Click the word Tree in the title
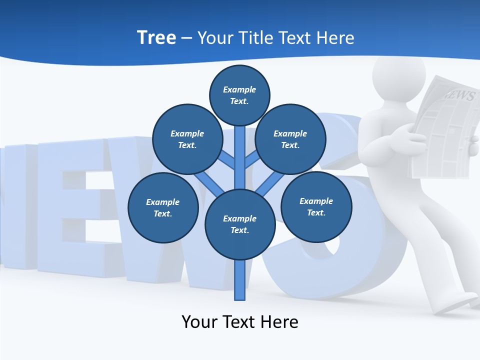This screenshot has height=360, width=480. click(x=156, y=37)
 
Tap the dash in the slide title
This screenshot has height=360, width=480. click(x=186, y=38)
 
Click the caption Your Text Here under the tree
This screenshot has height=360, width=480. click(x=240, y=321)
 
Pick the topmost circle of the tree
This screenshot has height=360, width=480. click(x=239, y=95)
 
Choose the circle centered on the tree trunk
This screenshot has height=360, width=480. click(x=240, y=224)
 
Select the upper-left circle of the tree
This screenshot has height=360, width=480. click(x=187, y=139)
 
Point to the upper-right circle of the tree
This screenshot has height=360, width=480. click(x=290, y=139)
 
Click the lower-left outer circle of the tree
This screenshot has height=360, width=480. click(x=163, y=207)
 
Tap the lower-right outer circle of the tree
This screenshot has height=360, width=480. click(x=316, y=206)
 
